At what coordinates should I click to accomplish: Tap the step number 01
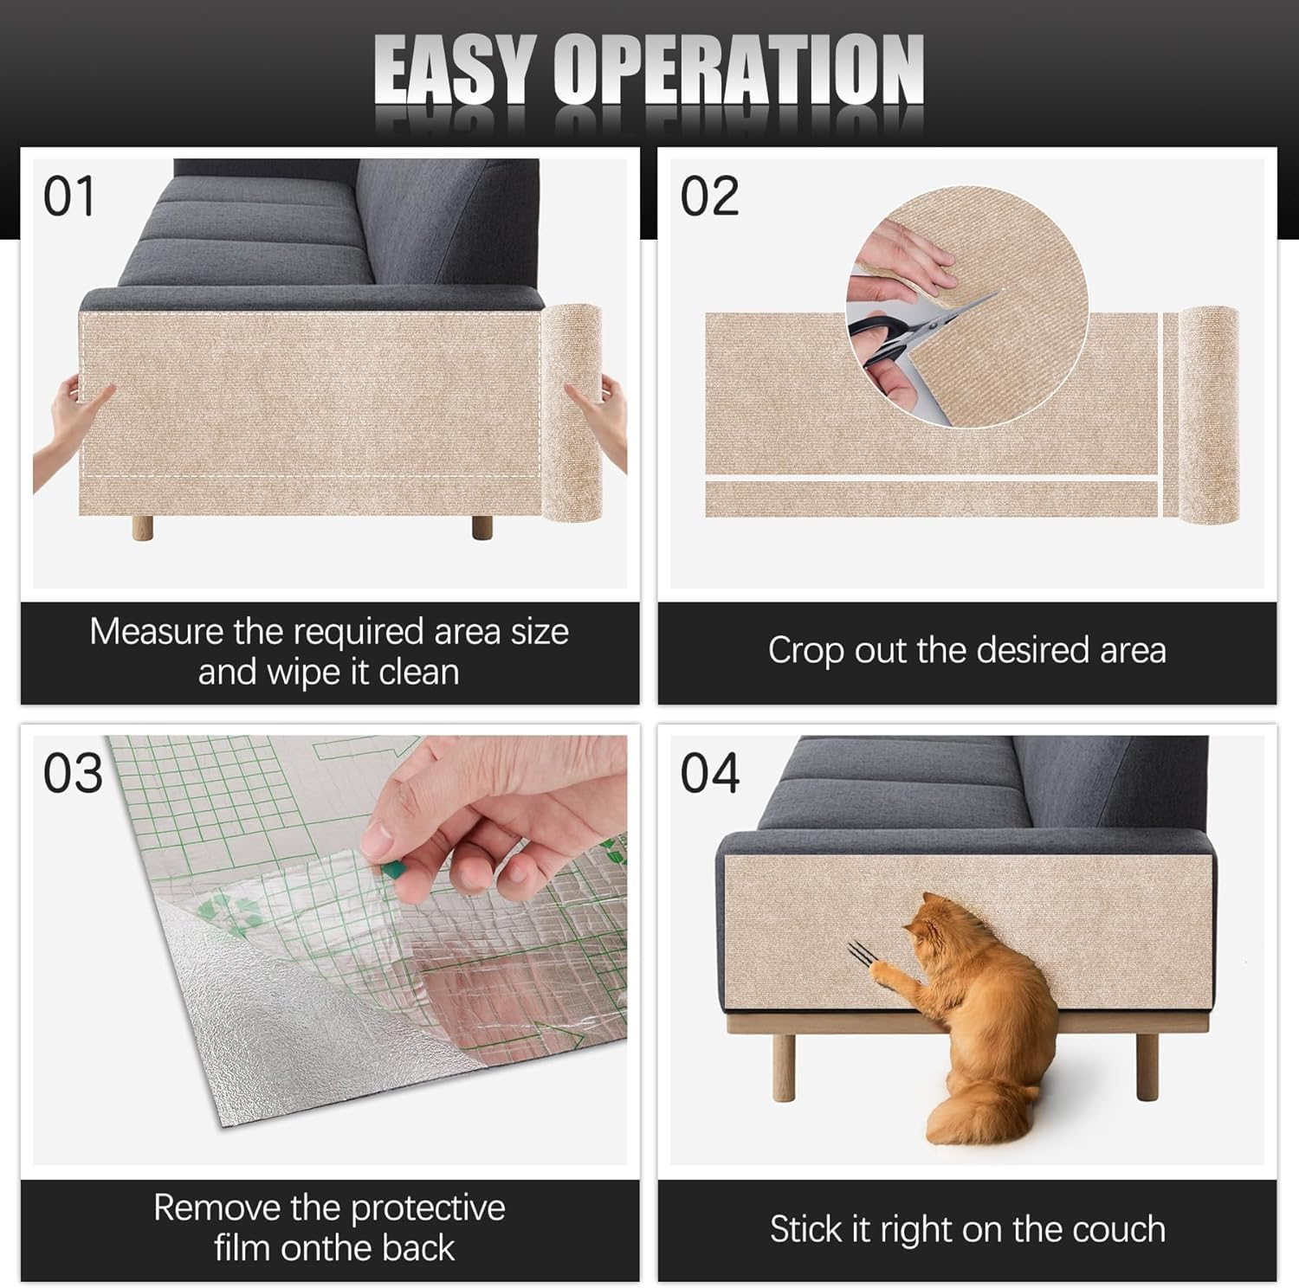69,197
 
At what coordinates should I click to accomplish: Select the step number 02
709,197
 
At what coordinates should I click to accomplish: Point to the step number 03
73,773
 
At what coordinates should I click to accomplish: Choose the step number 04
709,773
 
